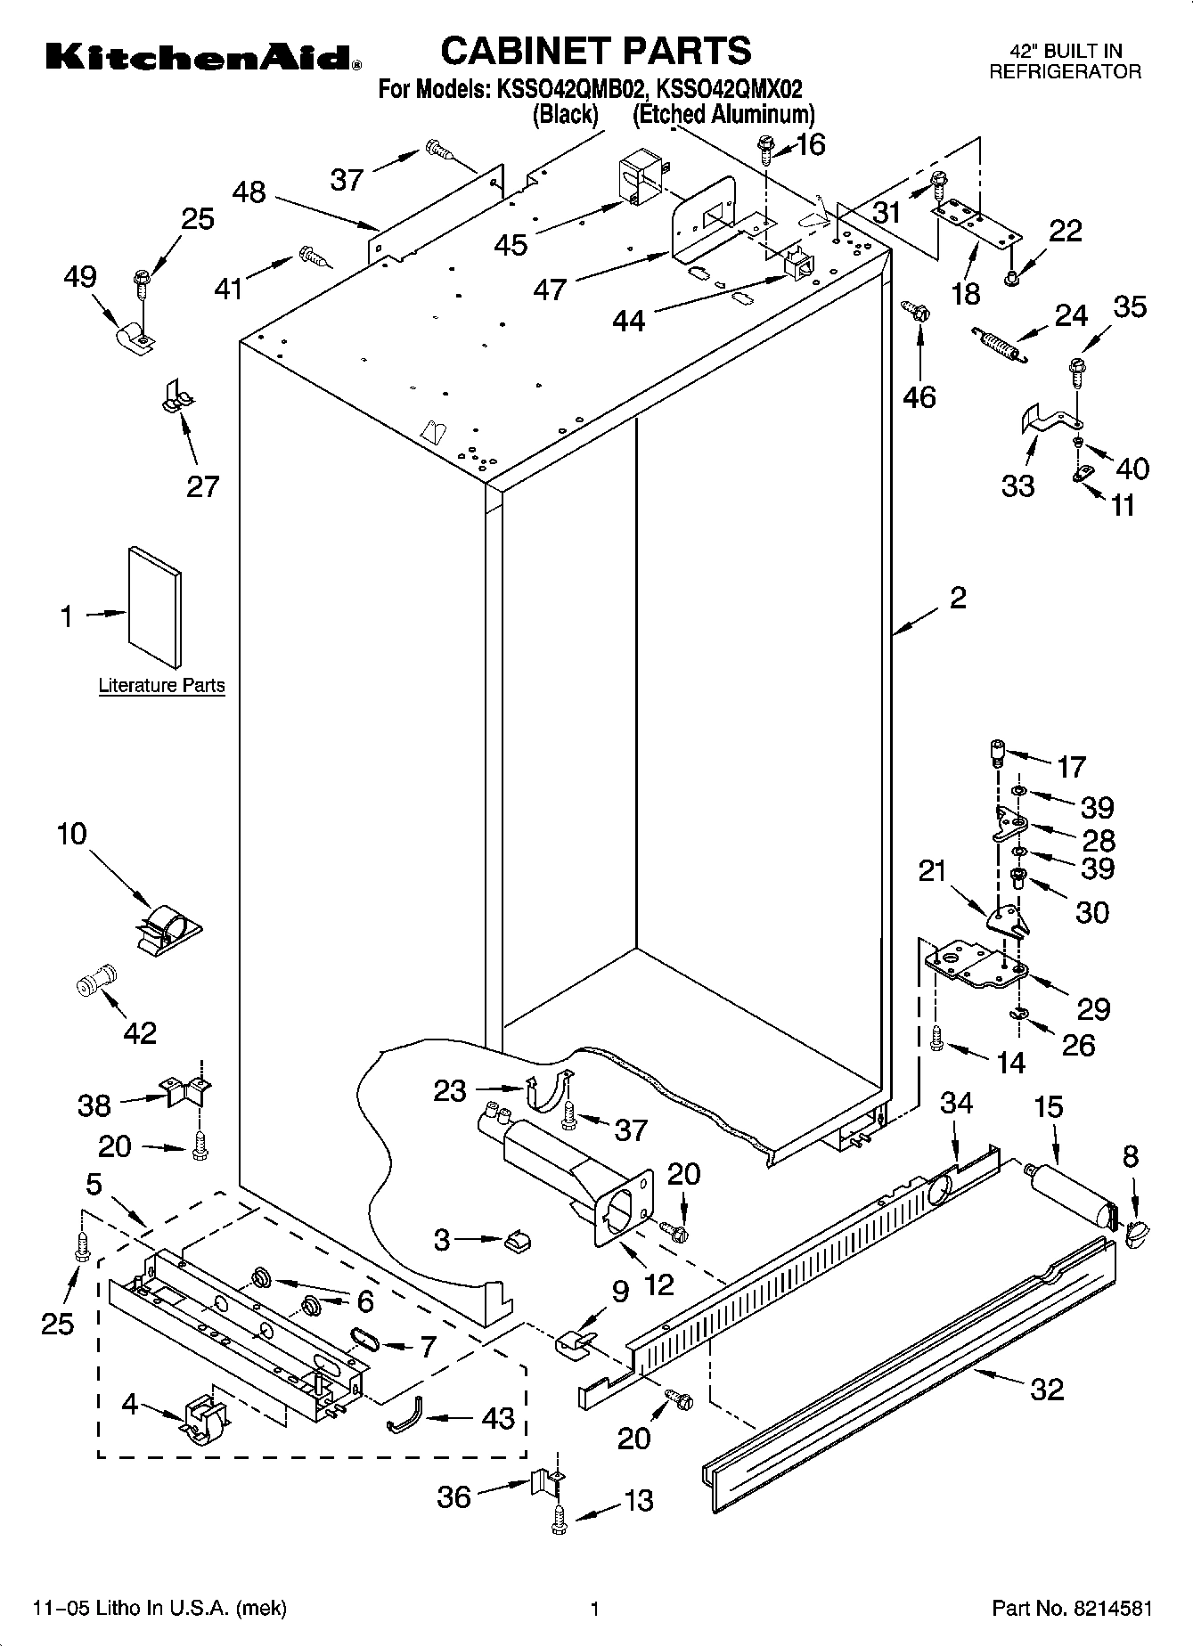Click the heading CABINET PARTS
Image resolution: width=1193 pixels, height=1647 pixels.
[596, 51]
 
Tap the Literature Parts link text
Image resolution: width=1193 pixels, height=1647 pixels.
[161, 686]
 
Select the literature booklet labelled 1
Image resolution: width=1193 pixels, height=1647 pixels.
[155, 607]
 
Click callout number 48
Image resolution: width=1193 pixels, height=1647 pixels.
[249, 192]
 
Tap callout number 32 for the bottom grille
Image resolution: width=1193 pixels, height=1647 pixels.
[1047, 1389]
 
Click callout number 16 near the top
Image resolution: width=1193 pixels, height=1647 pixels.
[811, 144]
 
